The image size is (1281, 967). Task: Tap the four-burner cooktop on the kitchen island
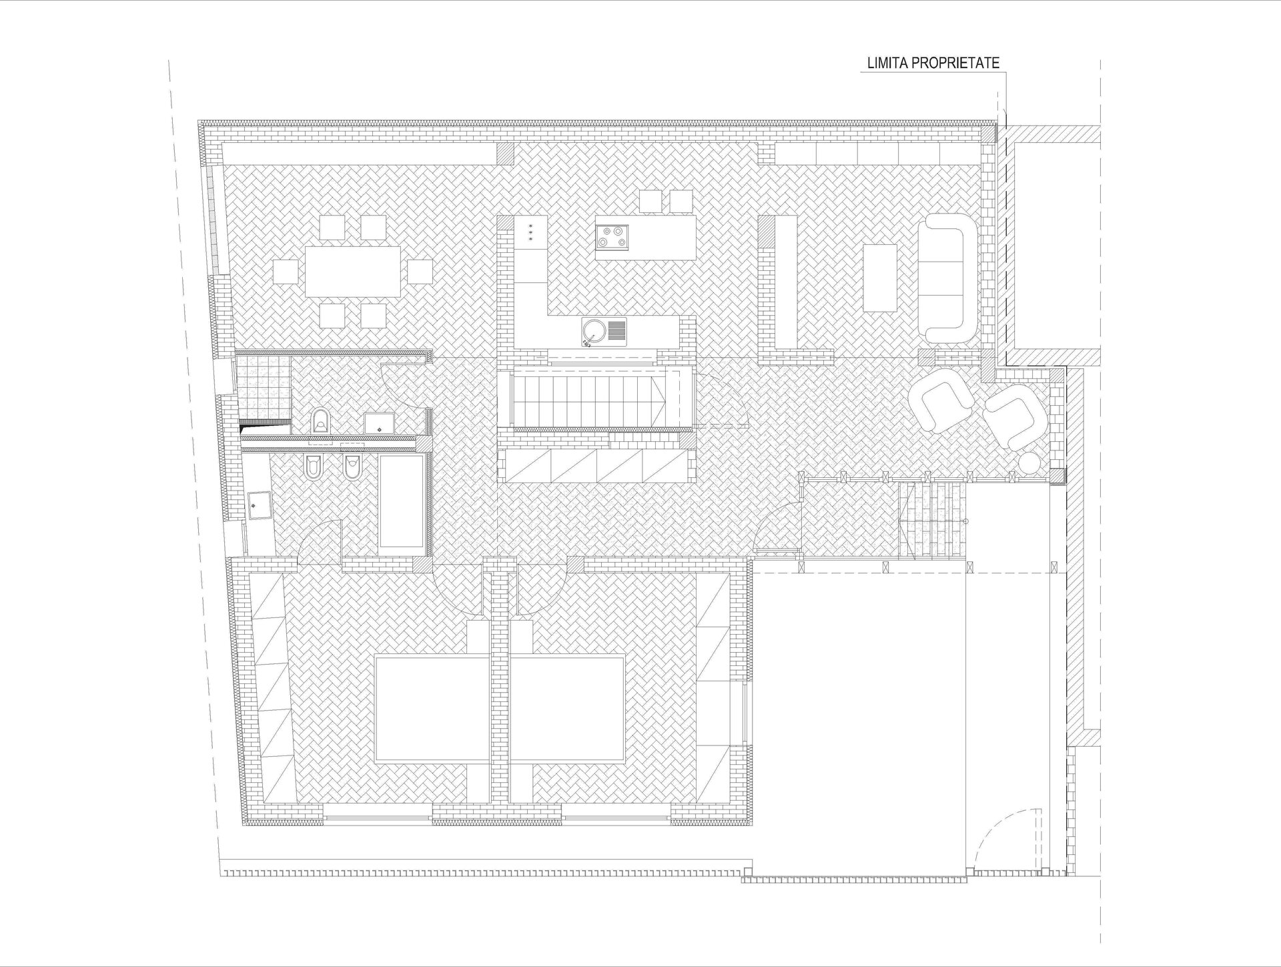(x=612, y=237)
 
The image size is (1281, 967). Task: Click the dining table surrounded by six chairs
(x=354, y=272)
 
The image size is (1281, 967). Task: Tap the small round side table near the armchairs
(x=1030, y=462)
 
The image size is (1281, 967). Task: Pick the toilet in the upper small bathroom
(x=321, y=420)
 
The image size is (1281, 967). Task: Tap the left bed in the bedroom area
(x=432, y=709)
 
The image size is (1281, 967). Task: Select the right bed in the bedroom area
(x=567, y=709)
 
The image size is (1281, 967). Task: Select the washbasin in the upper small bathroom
(x=378, y=422)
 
